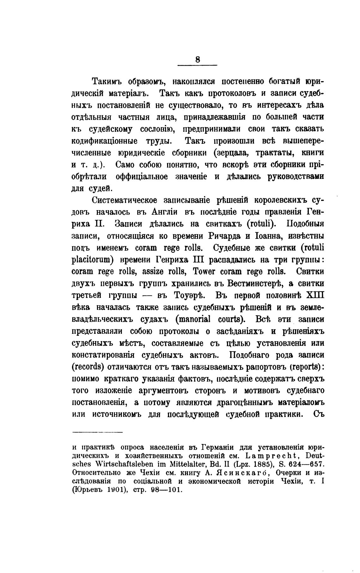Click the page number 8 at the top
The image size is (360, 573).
click(197, 60)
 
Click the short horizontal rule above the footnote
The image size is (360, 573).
click(98, 432)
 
